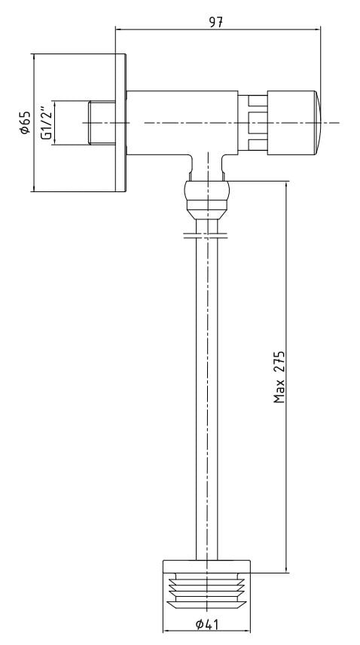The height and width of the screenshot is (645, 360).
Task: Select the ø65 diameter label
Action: pos(25,122)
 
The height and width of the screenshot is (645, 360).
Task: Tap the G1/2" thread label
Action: pos(47,123)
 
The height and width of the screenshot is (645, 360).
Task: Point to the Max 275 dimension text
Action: pos(279,377)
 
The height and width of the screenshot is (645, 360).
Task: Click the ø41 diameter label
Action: pos(206,624)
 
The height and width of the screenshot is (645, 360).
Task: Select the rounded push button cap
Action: pos(294,123)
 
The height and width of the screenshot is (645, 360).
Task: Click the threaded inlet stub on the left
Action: pos(102,123)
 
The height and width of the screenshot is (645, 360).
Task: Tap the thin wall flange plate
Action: pos(121,123)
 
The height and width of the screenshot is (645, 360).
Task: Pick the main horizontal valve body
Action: pos(182,123)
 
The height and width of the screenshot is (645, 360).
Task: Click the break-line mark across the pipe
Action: pos(205,235)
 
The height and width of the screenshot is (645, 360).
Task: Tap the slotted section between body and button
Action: pos(253,123)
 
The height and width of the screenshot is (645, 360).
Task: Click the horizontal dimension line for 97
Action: pos(218,29)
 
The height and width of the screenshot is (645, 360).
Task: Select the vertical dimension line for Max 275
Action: pos(286,377)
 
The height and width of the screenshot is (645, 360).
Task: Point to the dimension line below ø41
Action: pos(206,632)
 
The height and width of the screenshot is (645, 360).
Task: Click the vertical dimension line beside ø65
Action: pos(34,123)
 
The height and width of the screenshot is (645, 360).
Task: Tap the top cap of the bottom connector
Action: pos(206,567)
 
